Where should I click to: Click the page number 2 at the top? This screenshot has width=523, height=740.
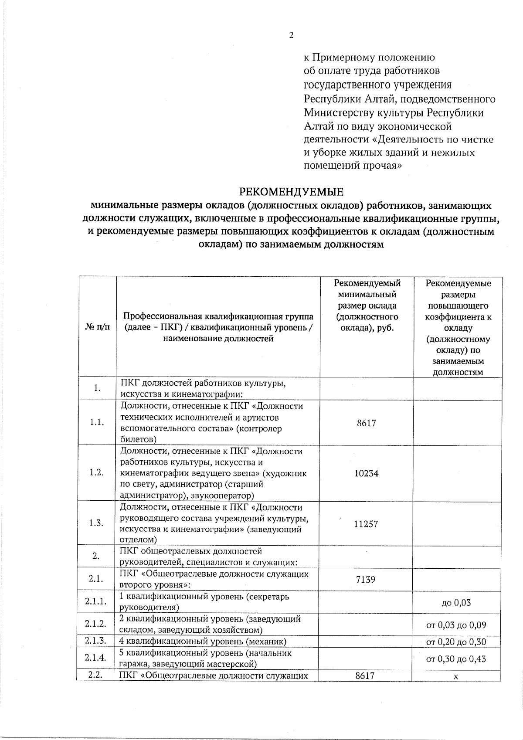tap(291, 36)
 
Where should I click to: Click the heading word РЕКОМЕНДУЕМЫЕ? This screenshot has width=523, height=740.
tap(291, 192)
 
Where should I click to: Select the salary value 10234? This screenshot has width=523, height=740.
tap(366, 473)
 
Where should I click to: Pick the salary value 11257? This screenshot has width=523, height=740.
tap(366, 524)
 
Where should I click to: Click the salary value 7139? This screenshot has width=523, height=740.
tap(366, 580)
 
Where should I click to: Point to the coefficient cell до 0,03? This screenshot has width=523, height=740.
tap(456, 603)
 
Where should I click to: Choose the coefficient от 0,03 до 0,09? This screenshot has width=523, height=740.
tap(456, 625)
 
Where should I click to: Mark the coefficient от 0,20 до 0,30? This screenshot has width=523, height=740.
tap(456, 642)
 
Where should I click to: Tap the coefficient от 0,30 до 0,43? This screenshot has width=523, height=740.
tap(456, 659)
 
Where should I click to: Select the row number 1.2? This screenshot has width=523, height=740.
tap(96, 473)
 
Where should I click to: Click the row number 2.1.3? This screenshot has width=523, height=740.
tap(96, 641)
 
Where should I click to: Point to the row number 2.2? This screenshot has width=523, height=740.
tap(95, 676)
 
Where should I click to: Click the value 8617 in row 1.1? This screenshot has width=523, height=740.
tap(366, 423)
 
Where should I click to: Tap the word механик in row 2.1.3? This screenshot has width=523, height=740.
tap(267, 642)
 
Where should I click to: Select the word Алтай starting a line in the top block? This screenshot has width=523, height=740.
tap(318, 127)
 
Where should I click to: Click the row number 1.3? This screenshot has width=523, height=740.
tap(96, 523)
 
